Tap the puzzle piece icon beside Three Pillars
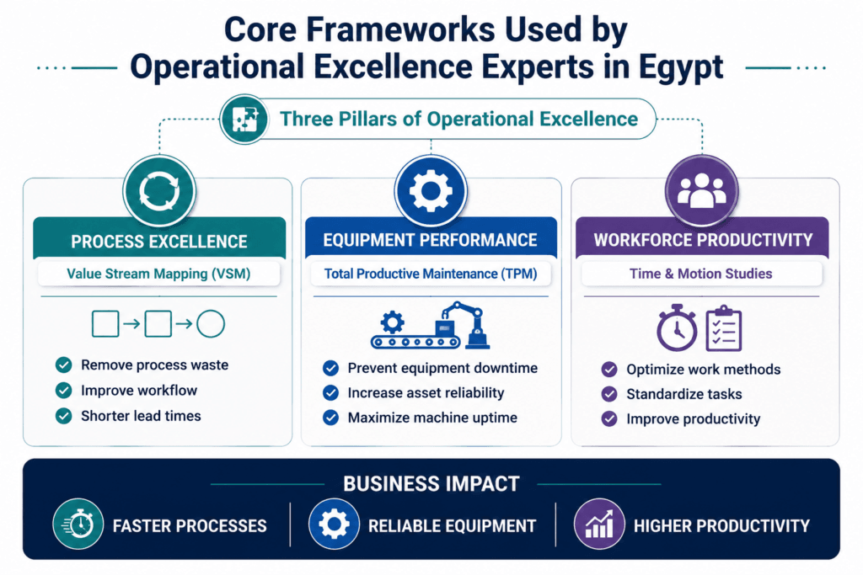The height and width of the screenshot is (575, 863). [244, 120]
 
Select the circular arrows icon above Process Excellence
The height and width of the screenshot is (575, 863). [159, 192]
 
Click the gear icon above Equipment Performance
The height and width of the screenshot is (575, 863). [431, 191]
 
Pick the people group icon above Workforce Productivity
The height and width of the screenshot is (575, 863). [701, 191]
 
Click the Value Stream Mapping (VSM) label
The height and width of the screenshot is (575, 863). [158, 274]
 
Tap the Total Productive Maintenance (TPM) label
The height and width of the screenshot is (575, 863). [431, 274]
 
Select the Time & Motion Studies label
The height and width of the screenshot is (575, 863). [700, 274]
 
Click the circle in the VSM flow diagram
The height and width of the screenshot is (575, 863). [211, 324]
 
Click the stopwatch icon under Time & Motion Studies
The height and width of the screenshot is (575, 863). [677, 327]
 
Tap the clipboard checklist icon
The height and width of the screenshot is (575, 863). [724, 328]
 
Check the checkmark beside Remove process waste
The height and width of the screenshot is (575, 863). [64, 365]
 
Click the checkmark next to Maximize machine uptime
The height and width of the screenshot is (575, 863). [330, 418]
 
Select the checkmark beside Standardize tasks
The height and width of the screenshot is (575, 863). [609, 394]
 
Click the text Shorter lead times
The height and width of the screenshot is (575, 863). [141, 416]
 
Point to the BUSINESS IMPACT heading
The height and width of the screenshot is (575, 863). [431, 484]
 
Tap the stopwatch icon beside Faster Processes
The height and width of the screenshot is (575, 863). [78, 524]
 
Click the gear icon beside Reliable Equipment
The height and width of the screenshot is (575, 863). [334, 524]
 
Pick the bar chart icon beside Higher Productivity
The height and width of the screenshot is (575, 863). [599, 524]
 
